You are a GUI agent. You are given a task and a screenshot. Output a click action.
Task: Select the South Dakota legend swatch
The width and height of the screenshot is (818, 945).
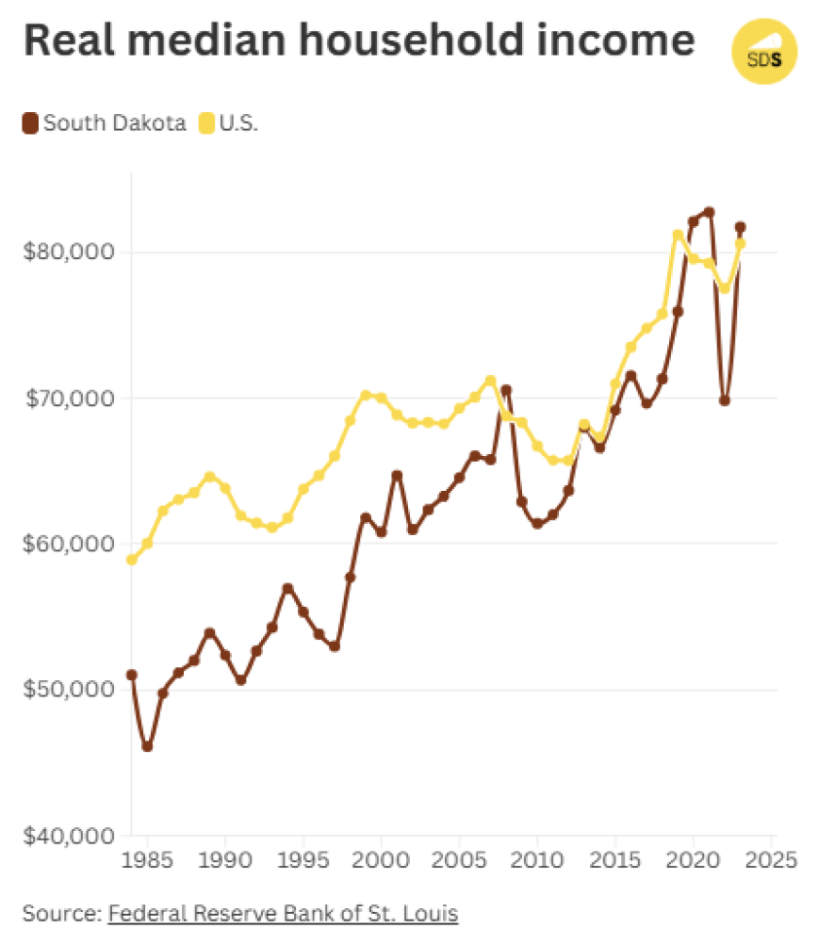point(29,124)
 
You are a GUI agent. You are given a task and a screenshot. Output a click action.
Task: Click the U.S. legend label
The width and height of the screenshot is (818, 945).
point(239,124)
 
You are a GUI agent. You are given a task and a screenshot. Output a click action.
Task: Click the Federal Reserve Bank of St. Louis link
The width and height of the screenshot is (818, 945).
point(282,914)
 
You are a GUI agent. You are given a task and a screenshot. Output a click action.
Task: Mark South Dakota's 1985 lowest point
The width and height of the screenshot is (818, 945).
point(147,746)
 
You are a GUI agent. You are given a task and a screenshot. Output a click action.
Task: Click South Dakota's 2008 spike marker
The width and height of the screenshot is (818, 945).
point(506,391)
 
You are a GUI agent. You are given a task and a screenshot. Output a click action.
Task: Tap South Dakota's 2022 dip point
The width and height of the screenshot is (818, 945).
point(725,400)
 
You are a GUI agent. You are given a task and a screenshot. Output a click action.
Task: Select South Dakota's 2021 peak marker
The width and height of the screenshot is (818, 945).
point(709,212)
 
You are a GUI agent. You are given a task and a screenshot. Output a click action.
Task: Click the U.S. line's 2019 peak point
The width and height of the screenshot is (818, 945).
point(678,235)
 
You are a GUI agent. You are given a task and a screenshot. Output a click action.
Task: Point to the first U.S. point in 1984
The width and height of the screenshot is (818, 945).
point(131,559)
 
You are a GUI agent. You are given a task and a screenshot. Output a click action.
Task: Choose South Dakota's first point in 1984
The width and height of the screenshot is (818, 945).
point(131,674)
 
